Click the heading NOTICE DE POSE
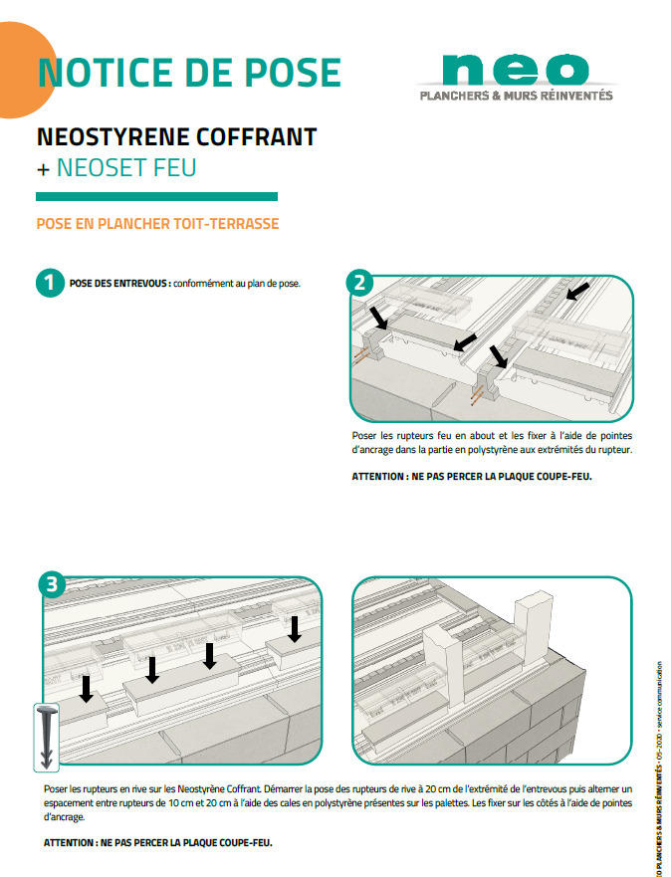click(x=188, y=73)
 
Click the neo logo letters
click(x=514, y=69)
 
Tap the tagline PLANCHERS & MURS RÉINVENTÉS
click(x=516, y=97)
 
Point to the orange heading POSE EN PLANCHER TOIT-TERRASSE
click(x=157, y=224)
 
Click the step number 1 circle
click(x=47, y=283)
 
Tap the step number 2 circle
click(x=360, y=283)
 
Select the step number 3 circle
click(x=47, y=584)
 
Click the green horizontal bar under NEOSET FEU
click(x=156, y=197)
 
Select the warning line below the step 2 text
click(x=472, y=478)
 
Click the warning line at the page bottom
click(x=157, y=842)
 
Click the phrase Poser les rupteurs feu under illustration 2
click(x=397, y=436)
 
